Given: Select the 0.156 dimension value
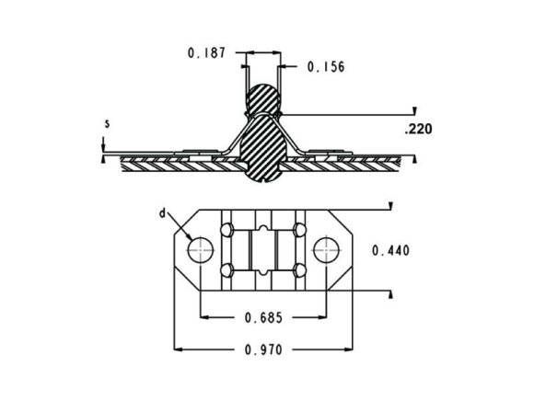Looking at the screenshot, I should tap(325, 66).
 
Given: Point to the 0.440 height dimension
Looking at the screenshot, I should tap(390, 250).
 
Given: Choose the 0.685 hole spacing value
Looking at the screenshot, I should tap(262, 318).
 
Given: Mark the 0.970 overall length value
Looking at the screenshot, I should tap(265, 349).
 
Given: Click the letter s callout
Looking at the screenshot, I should tap(107, 122).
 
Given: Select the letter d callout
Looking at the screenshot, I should tap(162, 213).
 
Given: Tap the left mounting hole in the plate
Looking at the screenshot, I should tap(202, 248).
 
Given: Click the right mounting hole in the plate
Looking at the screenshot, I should tap(326, 248).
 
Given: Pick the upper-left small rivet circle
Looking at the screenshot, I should tap(225, 227).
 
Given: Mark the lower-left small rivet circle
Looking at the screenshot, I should tap(225, 270).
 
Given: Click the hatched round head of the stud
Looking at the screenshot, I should tap(264, 98).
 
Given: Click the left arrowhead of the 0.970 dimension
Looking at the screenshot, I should tap(179, 349).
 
